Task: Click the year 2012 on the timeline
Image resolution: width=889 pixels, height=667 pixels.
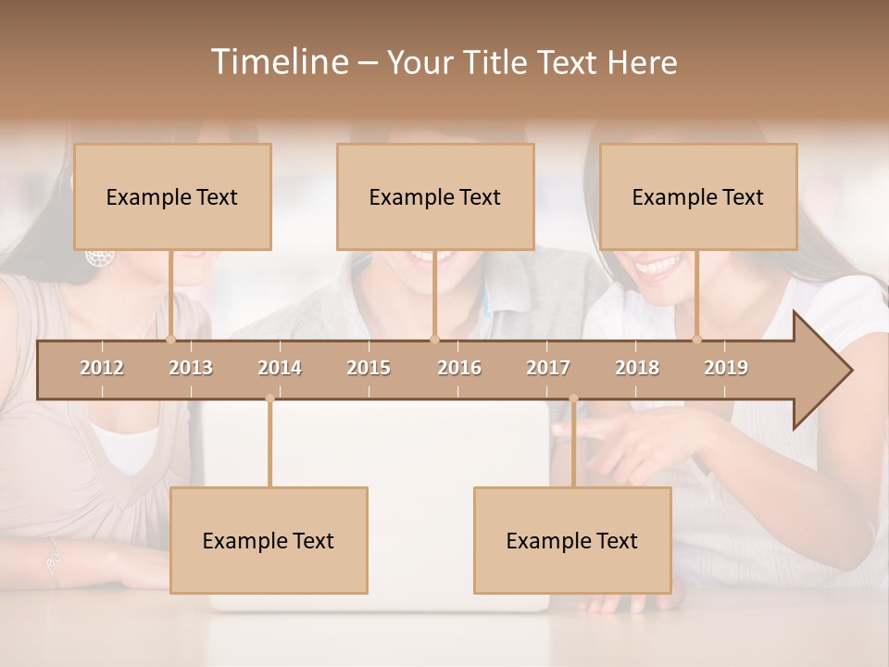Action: pyautogui.click(x=102, y=368)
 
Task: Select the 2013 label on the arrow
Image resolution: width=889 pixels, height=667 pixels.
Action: pyautogui.click(x=191, y=368)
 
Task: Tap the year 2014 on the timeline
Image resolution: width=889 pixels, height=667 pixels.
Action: pyautogui.click(x=280, y=368)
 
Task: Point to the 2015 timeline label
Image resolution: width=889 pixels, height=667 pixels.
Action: pyautogui.click(x=369, y=368)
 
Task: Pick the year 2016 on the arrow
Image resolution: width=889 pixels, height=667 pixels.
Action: pyautogui.click(x=459, y=368)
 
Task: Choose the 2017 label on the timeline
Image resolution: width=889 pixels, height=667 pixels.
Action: pyautogui.click(x=548, y=368)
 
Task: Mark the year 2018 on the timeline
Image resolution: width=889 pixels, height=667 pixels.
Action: pyautogui.click(x=637, y=368)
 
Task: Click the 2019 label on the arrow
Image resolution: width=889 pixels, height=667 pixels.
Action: pyautogui.click(x=726, y=368)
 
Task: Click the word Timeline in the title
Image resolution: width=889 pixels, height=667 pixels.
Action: pyautogui.click(x=278, y=62)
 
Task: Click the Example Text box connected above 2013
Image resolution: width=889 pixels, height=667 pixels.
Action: pyautogui.click(x=172, y=196)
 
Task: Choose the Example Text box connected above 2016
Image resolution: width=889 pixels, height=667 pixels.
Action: pyautogui.click(x=435, y=196)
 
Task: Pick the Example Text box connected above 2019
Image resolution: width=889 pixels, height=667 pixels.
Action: pyautogui.click(x=698, y=196)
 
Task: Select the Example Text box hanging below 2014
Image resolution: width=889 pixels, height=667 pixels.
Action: pyautogui.click(x=269, y=540)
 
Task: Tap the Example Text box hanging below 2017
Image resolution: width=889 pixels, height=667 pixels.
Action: pyautogui.click(x=572, y=540)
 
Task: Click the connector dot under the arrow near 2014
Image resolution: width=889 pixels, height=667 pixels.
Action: pyautogui.click(x=269, y=398)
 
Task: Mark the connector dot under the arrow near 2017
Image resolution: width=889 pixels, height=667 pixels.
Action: pyautogui.click(x=573, y=398)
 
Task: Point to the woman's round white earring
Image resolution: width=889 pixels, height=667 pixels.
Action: pyautogui.click(x=96, y=257)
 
